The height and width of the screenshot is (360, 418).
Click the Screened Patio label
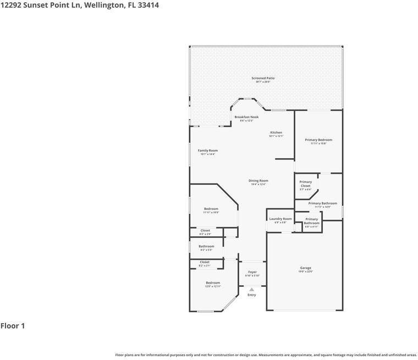pos(263,78)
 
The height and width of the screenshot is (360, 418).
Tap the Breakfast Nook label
pos(246,117)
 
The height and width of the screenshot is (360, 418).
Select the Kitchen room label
pos(276,132)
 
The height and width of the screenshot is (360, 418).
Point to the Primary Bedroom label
pos(318,140)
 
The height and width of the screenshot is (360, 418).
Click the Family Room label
pos(208,151)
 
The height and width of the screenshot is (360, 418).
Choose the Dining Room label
pos(258,181)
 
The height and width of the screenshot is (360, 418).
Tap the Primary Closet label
pos(305,184)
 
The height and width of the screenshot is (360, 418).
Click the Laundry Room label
pos(280,219)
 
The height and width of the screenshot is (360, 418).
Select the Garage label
pos(306,268)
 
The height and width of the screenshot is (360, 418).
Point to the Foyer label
pos(252,272)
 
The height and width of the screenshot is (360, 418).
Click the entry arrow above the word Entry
pos(252,289)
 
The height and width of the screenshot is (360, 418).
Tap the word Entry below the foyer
pos(252,295)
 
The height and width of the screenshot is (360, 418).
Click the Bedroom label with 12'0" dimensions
pos(213,283)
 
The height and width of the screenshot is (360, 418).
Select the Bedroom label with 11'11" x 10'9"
pos(211,209)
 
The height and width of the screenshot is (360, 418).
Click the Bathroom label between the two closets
pos(207,246)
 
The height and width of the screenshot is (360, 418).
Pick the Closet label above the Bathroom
pos(205,230)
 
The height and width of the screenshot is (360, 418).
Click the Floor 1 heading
pos(13,326)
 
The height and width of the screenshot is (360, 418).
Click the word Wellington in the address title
pos(101,5)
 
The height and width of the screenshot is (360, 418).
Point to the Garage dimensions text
pos(306,272)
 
